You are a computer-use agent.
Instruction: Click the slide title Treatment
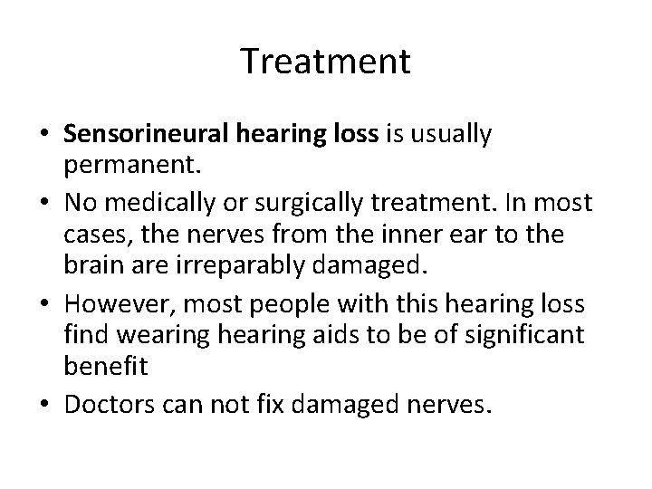326,62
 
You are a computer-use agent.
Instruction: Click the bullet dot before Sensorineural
44,135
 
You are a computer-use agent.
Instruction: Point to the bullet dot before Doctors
44,398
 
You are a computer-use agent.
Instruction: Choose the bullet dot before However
44,300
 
